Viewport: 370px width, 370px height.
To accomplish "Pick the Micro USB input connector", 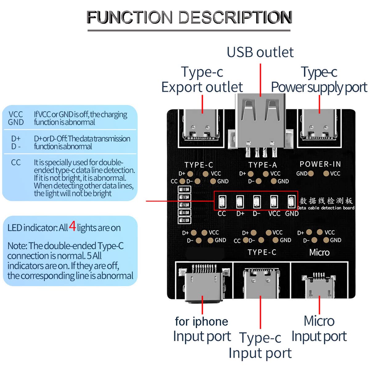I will [319, 285].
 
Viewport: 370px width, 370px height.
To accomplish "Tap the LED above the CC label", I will [222, 201].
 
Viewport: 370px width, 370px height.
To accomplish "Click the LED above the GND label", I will [291, 201].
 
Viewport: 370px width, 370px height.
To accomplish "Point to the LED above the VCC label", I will [273, 201].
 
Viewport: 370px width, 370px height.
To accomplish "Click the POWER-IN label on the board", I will [320, 164].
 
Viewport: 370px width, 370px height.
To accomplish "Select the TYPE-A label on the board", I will [263, 165].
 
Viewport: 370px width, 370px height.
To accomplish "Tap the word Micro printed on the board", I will [319, 253].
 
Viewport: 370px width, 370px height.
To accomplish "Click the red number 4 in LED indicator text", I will [72, 226].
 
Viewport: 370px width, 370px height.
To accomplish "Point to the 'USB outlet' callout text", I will [260, 52].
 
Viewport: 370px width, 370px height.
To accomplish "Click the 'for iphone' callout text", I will [202, 322].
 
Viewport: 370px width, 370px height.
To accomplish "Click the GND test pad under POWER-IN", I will [311, 174].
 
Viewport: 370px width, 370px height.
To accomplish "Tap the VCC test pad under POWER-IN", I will [326, 174].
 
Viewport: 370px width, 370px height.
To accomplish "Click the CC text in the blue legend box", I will [16, 162].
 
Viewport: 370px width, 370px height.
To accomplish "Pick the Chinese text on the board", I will [326, 201].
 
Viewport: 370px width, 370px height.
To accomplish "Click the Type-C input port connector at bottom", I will [261, 282].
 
